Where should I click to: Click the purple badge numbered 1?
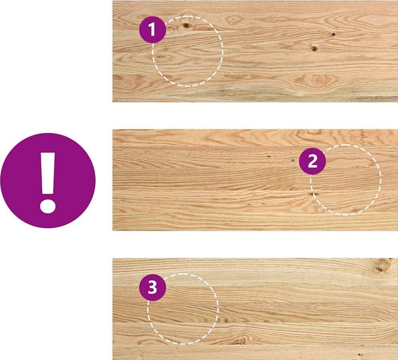point(152,29)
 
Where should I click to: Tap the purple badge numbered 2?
point(312,161)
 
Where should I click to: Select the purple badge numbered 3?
point(152,288)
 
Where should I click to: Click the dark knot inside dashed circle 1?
point(186,25)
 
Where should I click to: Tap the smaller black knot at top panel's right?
point(333,34)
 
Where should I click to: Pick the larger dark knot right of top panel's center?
point(314,48)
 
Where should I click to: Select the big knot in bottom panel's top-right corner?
point(380,267)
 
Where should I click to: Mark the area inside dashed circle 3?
point(183,309)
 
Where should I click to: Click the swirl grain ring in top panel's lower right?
point(315,80)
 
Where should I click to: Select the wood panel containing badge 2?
point(255,180)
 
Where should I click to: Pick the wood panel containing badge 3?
point(255,309)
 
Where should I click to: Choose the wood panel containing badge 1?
point(255,51)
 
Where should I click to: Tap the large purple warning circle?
point(48,181)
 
